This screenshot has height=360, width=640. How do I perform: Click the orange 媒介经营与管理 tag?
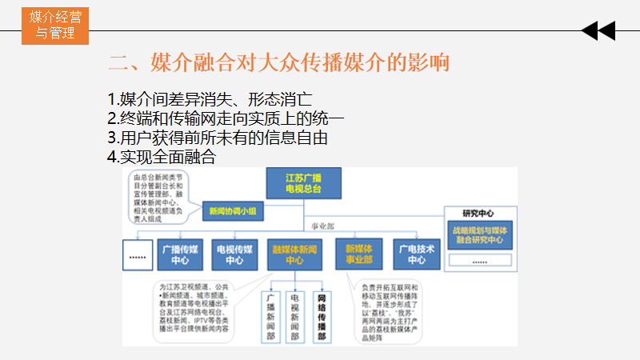tap(56, 25)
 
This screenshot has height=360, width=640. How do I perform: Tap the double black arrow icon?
tap(598, 31)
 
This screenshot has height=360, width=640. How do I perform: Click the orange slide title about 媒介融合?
tap(278, 62)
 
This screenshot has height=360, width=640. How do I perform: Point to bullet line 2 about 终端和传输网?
tap(226, 119)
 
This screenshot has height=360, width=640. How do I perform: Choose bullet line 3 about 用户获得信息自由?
tap(218, 138)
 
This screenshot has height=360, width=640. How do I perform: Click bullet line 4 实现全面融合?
tap(161, 158)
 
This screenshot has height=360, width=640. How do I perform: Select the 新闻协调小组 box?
tap(232, 211)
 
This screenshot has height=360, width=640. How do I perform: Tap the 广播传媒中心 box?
tap(180, 254)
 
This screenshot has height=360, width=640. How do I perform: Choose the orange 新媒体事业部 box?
tap(358, 254)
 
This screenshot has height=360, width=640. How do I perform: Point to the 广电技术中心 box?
tap(417, 254)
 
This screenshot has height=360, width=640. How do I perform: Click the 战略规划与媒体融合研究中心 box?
tap(480, 235)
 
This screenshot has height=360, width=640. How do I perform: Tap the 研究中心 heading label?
tap(479, 214)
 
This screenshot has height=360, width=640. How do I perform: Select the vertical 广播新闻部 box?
tap(270, 316)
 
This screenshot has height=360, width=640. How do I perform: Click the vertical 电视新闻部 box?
tap(296, 316)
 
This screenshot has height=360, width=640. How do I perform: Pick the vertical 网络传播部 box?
tap(322, 316)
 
